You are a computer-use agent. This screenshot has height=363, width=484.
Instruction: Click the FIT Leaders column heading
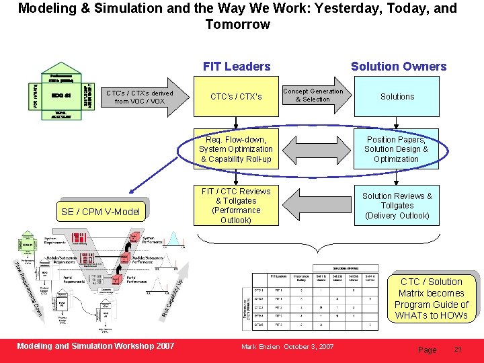tap(237, 67)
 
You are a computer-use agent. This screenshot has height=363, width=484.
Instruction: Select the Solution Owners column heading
tap(399, 67)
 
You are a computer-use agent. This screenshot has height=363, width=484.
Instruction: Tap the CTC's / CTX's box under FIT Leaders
tap(236, 97)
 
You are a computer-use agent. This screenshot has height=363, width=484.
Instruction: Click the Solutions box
tap(397, 97)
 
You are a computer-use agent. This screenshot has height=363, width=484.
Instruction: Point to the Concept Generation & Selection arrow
tap(315, 95)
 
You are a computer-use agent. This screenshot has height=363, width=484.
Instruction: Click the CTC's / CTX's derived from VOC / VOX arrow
tap(139, 97)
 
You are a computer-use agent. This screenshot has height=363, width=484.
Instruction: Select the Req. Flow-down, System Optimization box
tap(236, 149)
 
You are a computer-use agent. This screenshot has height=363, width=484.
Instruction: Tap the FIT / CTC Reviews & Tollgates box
tap(236, 206)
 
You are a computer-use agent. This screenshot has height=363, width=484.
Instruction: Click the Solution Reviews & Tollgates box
tap(397, 206)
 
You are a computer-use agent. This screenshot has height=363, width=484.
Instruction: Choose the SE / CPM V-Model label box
tap(100, 212)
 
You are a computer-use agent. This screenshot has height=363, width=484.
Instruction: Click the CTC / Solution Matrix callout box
tap(431, 298)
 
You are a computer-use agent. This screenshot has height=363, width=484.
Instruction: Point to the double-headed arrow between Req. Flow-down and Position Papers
tap(316, 149)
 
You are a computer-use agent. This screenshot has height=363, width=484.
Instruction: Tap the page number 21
tap(458, 349)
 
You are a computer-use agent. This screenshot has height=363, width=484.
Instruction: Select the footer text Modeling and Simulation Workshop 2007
tap(95, 346)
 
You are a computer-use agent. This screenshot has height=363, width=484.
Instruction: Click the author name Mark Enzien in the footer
tap(260, 347)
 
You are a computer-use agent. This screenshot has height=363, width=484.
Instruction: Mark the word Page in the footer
tap(428, 350)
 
